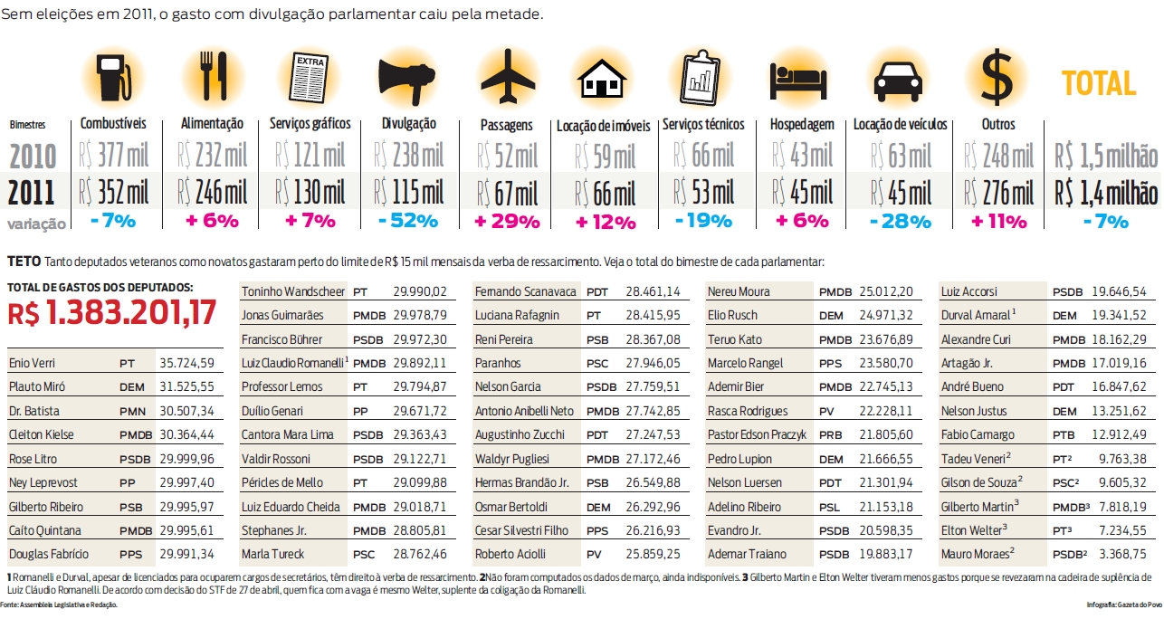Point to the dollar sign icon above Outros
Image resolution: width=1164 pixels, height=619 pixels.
[x=997, y=77]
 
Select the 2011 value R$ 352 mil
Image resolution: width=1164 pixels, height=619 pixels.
[x=114, y=193]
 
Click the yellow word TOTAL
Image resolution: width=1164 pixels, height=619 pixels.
[x=1099, y=84]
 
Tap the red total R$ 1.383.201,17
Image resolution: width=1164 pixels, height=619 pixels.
[x=112, y=313]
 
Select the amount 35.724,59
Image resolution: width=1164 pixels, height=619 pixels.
[x=188, y=363]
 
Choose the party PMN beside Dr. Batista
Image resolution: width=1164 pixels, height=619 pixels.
[x=133, y=410]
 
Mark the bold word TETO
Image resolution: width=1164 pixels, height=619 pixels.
[x=23, y=262]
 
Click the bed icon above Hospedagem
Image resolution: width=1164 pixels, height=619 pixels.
[x=800, y=81]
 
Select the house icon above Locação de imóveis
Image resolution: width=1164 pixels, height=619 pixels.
[x=602, y=79]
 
